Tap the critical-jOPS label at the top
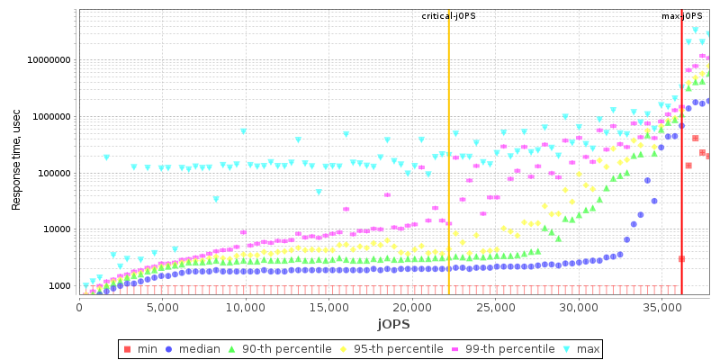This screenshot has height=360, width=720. pos(448,16)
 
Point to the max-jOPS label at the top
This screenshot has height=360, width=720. pos(681,16)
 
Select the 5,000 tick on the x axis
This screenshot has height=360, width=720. pos(162,307)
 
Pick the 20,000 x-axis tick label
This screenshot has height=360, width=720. pos(410,307)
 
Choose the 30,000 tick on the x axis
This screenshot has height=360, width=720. pos(578,307)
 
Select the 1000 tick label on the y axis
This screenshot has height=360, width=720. pos(59,286)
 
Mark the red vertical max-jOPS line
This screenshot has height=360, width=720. pos(681,180)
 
